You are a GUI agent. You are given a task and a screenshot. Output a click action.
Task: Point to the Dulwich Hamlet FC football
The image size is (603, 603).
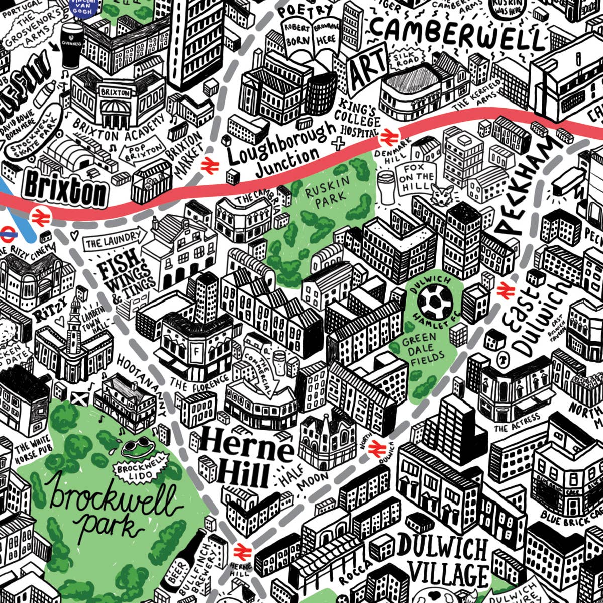click(x=435, y=302)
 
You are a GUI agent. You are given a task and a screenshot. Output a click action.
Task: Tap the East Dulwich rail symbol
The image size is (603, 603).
click(x=503, y=290)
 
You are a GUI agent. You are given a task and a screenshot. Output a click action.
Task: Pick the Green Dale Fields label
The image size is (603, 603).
click(x=422, y=352)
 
